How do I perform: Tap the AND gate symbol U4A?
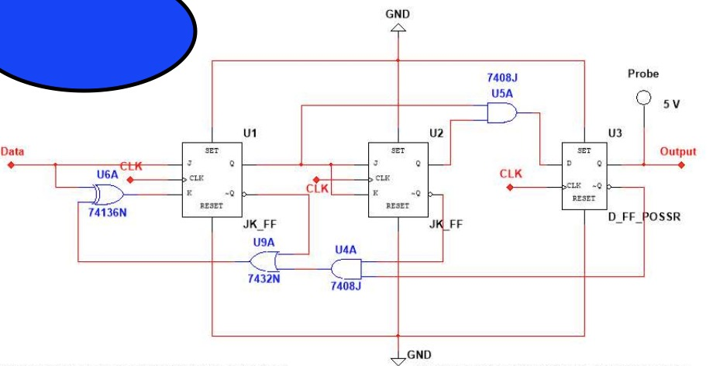click(x=344, y=269)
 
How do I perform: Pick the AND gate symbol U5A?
click(x=501, y=114)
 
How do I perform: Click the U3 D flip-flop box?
click(x=584, y=178)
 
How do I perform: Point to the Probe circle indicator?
click(x=641, y=98)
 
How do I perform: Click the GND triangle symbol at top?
click(x=398, y=28)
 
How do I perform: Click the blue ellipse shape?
click(x=97, y=35)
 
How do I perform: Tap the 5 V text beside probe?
click(x=671, y=104)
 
